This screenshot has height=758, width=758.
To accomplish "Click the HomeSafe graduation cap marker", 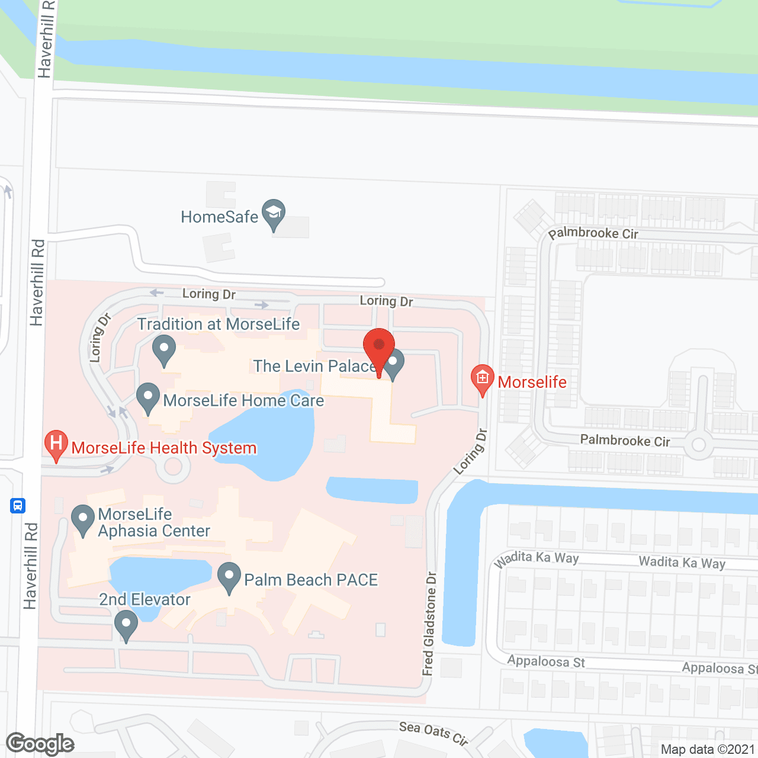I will [274, 214].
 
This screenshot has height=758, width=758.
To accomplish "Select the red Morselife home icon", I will [483, 378].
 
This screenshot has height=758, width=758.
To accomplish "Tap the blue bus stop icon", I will [18, 506].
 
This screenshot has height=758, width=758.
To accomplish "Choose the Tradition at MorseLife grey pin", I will [164, 349].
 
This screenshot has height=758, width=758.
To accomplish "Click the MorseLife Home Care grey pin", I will [148, 397].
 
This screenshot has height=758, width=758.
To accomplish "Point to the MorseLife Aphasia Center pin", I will [83, 519].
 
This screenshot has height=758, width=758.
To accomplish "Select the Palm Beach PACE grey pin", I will [229, 577].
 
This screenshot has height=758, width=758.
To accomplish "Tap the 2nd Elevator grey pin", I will [126, 625].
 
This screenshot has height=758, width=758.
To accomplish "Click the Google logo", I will [40, 744].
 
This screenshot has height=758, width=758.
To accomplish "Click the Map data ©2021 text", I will [708, 749].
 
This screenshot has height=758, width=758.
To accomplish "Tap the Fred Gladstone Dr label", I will [429, 624].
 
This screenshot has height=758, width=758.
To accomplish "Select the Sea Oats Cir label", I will [433, 733].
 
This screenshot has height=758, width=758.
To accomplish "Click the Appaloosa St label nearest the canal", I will [546, 661].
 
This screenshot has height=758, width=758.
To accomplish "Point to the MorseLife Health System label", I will [164, 448].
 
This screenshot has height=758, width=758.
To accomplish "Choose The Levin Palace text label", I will [314, 366].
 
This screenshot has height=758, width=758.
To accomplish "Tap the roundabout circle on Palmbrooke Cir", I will [699, 445].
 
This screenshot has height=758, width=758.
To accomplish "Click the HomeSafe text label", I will [220, 217].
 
